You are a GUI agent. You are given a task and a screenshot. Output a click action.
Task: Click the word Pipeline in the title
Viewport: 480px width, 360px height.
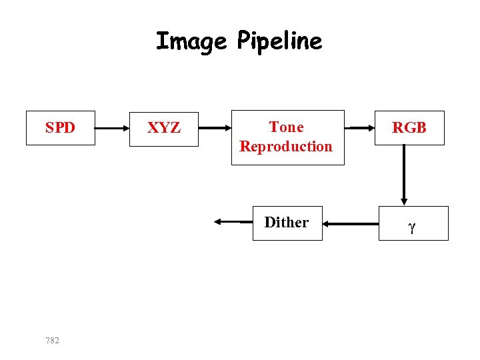coord(279,42)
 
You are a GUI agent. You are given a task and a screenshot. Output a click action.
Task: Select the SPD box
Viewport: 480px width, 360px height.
coord(60,127)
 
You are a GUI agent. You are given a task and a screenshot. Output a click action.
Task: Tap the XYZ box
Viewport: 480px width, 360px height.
coord(163,128)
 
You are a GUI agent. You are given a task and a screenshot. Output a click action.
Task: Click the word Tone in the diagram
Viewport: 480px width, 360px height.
coord(286,127)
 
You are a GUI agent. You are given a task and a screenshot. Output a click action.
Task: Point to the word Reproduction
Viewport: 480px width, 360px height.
coord(286,146)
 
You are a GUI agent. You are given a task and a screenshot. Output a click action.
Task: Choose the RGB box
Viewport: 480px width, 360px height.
coord(409,128)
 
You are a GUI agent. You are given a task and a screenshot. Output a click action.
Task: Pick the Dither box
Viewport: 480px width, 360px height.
coord(287,223)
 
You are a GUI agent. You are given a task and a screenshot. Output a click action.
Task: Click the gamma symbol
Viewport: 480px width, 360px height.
coord(412,227)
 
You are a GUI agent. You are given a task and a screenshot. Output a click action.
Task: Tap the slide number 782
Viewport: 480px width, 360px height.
coord(52,341)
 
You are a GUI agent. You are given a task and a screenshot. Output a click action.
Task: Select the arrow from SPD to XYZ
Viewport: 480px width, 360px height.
coord(111,127)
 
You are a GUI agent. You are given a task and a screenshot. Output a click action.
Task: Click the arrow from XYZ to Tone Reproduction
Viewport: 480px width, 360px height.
coord(215,127)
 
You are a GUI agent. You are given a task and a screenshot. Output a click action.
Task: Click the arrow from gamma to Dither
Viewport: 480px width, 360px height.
coord(359,225)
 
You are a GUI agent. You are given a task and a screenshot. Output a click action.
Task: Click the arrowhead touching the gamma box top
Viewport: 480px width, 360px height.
coord(403,201)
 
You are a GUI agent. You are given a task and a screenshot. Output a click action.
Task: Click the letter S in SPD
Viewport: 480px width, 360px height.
coord(49,128)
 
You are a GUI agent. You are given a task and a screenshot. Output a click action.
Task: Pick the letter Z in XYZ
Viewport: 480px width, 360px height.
coord(175,128)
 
